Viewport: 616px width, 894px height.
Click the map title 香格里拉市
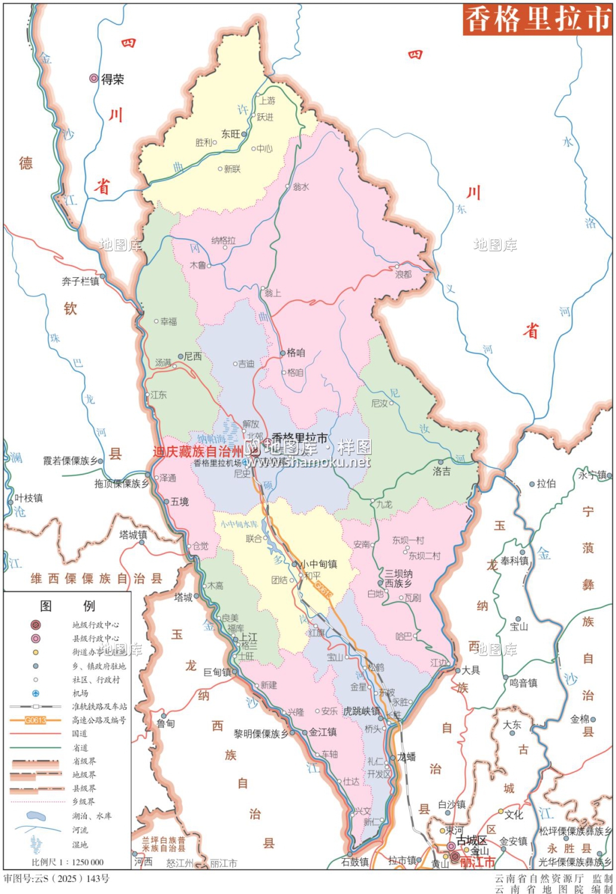537,20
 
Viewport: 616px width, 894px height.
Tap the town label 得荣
113,79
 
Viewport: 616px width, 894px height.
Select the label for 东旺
231,134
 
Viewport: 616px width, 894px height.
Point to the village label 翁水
301,187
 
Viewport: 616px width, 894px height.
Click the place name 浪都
403,274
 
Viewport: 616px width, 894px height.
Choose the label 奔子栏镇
80,281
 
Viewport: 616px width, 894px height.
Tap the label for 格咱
295,353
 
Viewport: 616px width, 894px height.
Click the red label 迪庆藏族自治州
198,451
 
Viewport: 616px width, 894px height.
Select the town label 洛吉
441,471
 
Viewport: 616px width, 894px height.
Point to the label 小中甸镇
318,564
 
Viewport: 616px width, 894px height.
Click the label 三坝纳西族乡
399,578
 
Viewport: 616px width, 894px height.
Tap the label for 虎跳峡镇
361,711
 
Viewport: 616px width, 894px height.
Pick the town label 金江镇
323,732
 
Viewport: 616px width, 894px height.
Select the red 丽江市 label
477,862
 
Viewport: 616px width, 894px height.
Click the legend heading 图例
67,606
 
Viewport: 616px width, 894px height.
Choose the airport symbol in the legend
36,693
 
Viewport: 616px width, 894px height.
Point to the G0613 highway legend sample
35,720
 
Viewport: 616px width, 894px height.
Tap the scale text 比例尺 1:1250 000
67,862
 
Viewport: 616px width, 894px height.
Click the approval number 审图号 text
57,879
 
